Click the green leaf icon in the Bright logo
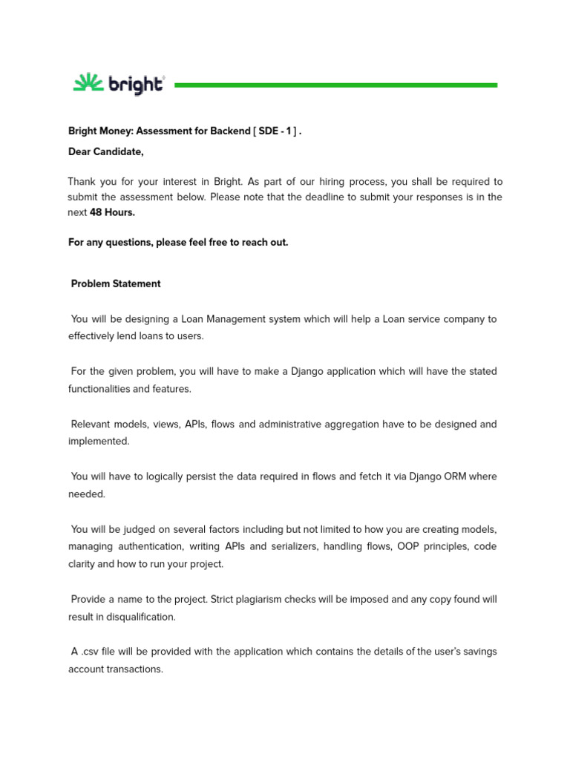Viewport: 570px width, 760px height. point(88,83)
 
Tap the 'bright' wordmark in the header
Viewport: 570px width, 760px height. point(136,85)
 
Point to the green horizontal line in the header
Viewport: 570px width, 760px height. point(335,85)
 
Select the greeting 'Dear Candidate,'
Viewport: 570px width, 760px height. point(105,152)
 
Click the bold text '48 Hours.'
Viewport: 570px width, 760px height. point(112,212)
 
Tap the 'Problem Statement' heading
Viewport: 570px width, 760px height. point(116,284)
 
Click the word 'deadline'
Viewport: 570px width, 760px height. point(380,197)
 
